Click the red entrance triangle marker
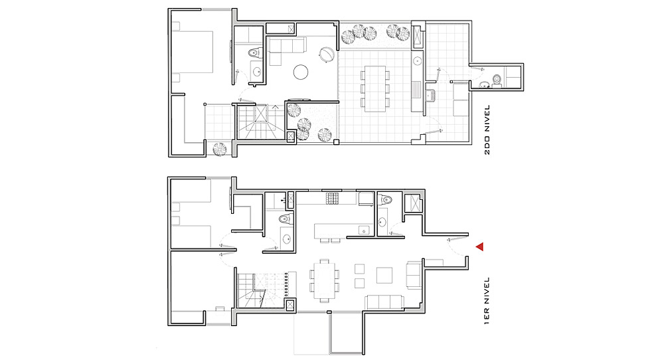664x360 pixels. tap(480, 246)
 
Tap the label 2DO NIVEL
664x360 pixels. tap(487, 130)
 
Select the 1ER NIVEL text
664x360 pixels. tap(487, 301)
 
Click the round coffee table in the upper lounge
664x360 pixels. tap(301, 72)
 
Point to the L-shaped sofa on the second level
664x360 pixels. tap(283, 48)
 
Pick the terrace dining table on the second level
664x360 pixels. tap(375, 88)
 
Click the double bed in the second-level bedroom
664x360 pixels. tap(193, 52)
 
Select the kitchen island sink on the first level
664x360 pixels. tap(364, 230)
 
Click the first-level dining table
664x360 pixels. tap(325, 280)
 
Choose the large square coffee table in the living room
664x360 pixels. tap(385, 275)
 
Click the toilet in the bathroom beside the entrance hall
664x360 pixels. tap(385, 199)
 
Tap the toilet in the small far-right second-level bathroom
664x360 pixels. tap(497, 79)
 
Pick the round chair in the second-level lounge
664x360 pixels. tap(326, 54)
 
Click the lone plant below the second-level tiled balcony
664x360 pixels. tap(219, 149)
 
